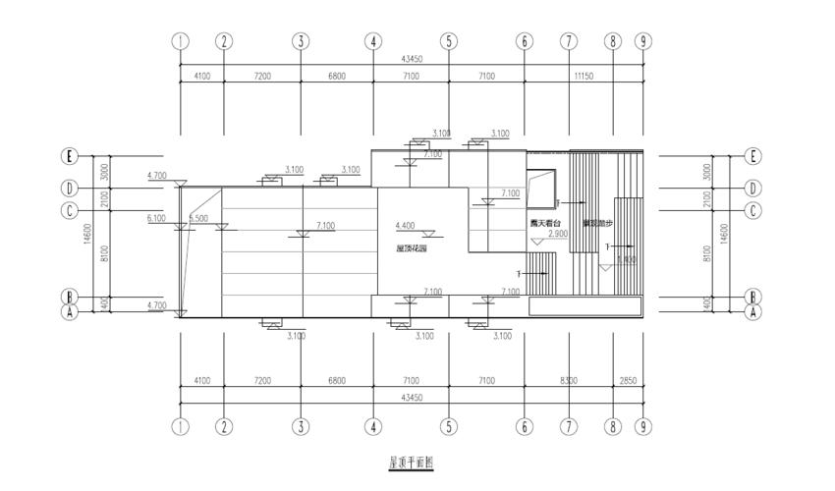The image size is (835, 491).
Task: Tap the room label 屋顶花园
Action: [x=412, y=249]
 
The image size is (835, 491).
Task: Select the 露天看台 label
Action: [x=545, y=224]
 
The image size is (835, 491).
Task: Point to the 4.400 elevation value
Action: [x=405, y=226]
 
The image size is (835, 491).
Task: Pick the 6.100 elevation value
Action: [x=156, y=218]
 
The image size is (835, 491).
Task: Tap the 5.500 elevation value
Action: [x=198, y=218]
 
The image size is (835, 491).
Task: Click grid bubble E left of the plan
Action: [x=70, y=156]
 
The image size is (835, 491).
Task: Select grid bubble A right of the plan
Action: [x=753, y=312]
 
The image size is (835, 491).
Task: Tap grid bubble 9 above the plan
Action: [x=642, y=41]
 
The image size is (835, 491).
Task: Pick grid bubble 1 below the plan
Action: [x=180, y=426]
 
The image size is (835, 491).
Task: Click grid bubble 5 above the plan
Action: [x=449, y=41]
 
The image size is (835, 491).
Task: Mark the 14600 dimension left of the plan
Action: [x=88, y=236]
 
